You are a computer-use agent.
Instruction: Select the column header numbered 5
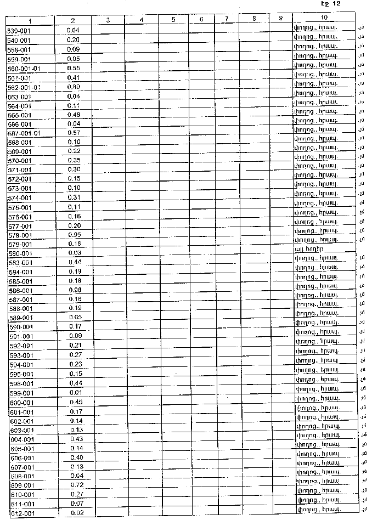173,20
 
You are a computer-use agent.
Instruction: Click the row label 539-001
19,31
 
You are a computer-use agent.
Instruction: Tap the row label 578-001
20,235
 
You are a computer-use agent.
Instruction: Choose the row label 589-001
21,318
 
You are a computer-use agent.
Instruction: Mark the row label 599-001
21,393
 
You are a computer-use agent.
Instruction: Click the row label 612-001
21,513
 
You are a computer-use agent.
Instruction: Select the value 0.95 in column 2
74,234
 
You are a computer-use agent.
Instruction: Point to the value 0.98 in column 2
74,290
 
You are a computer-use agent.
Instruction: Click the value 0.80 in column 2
74,87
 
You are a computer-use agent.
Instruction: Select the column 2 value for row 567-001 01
74,133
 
